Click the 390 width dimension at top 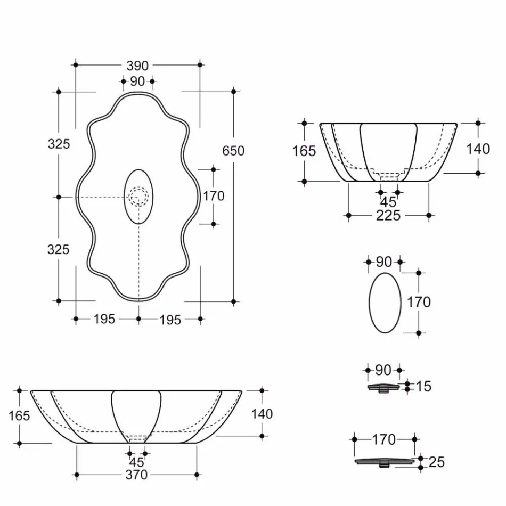click(137, 66)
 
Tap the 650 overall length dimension click(233, 151)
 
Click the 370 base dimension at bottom click(136, 475)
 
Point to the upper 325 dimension click(59, 144)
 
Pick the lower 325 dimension click(59, 249)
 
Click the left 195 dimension click(104, 320)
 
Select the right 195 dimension click(170, 320)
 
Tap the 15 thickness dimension click(423, 386)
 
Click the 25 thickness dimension click(436, 462)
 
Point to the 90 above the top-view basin click(137, 81)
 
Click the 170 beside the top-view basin click(214, 196)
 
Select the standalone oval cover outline click(385, 303)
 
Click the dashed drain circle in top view click(138, 197)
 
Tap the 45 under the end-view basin click(388, 202)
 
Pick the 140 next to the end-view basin click(478, 149)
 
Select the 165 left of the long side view click(19, 415)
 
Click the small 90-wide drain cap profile click(383, 388)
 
